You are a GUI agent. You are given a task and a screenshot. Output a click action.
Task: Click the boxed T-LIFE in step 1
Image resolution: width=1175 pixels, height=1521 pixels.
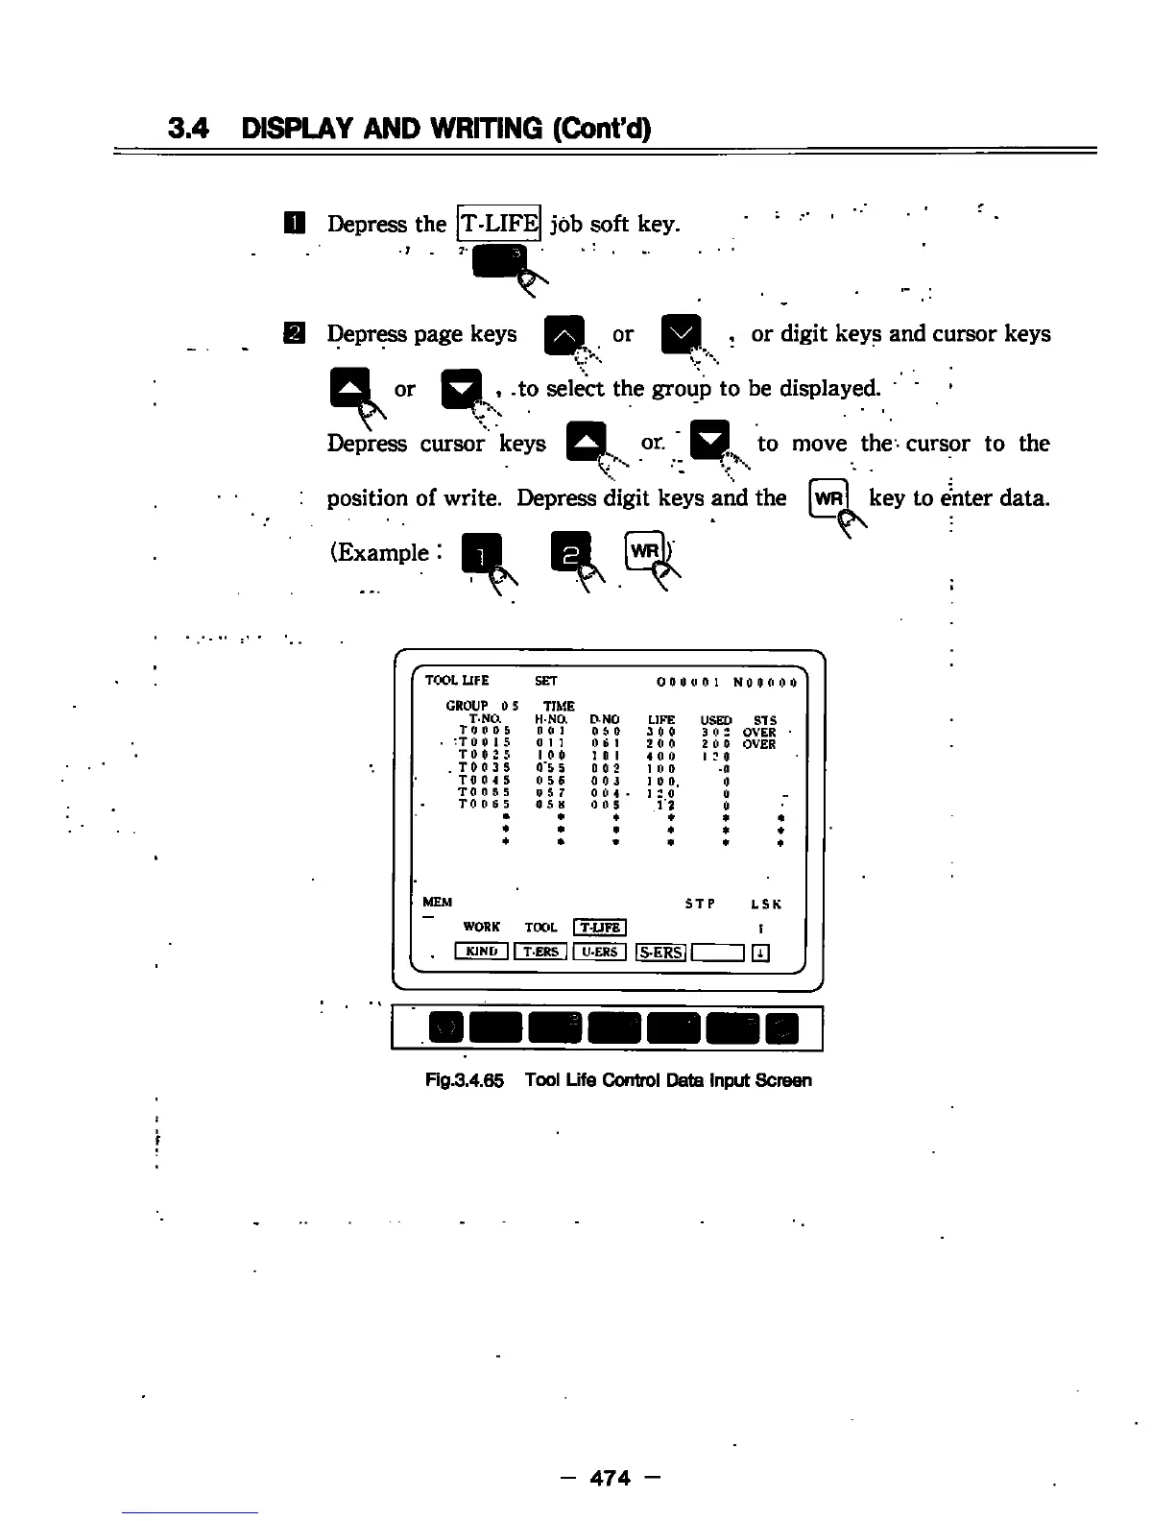tap(499, 224)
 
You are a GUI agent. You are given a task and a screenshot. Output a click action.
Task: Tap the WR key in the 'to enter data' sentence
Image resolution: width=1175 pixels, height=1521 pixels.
tap(827, 498)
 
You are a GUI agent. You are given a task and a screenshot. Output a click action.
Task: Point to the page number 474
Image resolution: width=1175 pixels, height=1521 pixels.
tap(611, 1479)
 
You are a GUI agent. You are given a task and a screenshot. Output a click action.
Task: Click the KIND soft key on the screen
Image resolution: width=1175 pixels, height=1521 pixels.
tap(481, 952)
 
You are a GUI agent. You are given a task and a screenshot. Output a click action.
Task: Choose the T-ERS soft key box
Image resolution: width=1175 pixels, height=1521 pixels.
tap(540, 952)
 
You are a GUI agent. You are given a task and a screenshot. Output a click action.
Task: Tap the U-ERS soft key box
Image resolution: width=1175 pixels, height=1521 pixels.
tap(599, 952)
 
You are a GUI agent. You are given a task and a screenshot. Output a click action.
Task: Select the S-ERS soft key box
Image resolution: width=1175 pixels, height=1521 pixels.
tap(660, 952)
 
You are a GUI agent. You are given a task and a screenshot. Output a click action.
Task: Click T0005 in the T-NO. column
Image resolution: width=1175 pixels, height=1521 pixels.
tap(484, 732)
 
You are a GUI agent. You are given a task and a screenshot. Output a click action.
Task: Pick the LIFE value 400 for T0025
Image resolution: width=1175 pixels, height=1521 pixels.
tap(660, 756)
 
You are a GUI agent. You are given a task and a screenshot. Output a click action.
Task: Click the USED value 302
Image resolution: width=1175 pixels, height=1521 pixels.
tap(715, 732)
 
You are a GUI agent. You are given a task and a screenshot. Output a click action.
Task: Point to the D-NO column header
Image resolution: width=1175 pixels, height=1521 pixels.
tap(604, 719)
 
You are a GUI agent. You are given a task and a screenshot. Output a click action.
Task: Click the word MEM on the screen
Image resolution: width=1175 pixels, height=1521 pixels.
tap(437, 903)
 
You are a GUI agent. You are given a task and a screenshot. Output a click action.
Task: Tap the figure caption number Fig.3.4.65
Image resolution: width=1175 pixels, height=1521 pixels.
tap(465, 1080)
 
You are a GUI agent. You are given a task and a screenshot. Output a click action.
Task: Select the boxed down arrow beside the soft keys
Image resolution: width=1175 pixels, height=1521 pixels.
tap(760, 953)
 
